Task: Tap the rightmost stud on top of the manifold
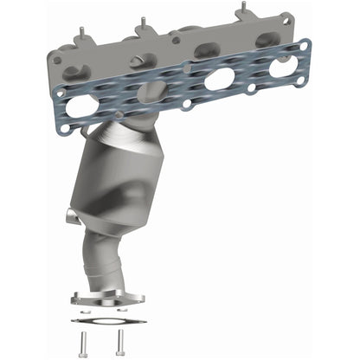tap(240, 10)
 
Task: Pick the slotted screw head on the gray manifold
tap(139, 59)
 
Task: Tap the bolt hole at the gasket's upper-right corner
tap(304, 42)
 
